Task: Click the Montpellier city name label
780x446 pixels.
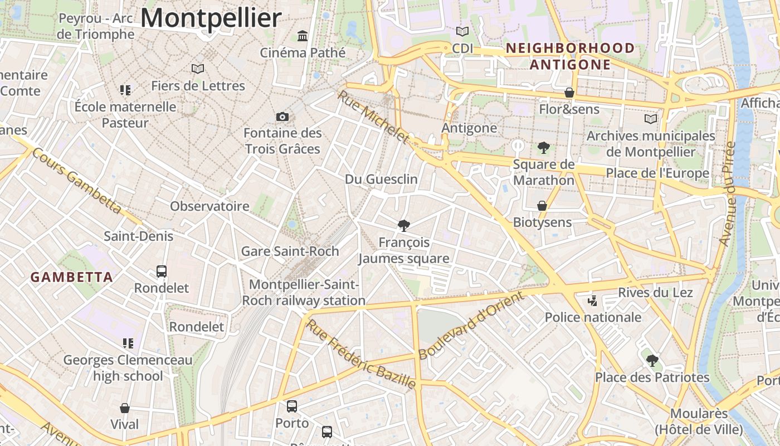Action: point(211,18)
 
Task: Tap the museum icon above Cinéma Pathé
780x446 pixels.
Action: point(303,36)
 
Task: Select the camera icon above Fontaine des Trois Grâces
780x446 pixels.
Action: point(282,117)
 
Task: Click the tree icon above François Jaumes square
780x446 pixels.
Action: point(404,226)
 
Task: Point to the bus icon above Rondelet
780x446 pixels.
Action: point(162,272)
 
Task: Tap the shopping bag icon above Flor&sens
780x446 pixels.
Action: point(569,93)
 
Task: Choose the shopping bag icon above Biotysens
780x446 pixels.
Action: point(542,206)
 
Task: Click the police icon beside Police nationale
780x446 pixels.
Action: point(592,301)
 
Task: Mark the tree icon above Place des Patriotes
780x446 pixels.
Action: point(652,361)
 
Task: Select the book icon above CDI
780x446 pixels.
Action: point(462,31)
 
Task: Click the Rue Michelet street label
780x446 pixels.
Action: point(373,117)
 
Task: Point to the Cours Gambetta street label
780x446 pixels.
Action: point(76,181)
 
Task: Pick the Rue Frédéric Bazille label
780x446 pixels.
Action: point(361,354)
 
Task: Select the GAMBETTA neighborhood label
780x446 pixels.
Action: point(71,277)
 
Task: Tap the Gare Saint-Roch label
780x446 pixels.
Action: point(290,251)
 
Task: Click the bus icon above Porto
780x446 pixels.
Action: point(292,406)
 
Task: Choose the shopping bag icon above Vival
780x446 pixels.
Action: point(125,409)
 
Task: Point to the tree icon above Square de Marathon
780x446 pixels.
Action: point(544,148)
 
